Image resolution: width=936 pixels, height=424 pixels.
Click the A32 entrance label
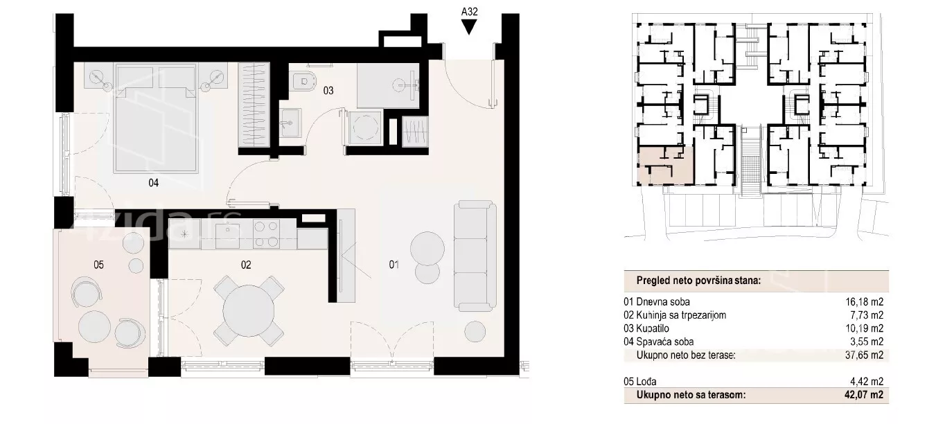[469, 12]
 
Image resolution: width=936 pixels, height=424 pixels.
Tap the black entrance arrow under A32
[469, 28]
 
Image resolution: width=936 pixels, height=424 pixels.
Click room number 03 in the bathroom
[328, 90]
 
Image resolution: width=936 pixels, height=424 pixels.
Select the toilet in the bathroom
[303, 81]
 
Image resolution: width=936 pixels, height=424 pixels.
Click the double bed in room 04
[155, 118]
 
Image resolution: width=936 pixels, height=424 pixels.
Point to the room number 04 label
[153, 182]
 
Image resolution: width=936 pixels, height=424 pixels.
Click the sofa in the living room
[475, 255]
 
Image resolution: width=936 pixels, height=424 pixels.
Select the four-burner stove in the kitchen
[266, 234]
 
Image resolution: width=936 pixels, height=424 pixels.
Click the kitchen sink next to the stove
[227, 235]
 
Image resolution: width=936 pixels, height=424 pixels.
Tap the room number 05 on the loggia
[98, 265]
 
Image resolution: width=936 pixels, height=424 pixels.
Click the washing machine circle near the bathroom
[365, 127]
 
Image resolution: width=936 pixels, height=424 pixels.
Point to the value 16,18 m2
[865, 301]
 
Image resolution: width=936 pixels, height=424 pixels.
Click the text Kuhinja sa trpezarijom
[680, 315]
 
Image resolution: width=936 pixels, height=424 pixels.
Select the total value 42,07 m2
[864, 395]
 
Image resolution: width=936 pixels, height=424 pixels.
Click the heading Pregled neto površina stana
[698, 281]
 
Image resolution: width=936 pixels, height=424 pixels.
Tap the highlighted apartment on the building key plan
[665, 166]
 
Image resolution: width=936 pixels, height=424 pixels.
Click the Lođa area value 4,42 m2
[867, 381]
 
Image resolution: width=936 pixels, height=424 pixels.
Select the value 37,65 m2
[865, 355]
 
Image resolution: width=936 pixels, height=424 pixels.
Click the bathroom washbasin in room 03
[290, 123]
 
